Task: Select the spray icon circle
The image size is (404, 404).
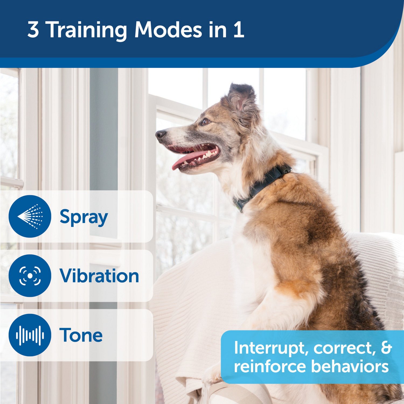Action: [x=30, y=216]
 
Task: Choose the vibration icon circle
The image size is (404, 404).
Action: [x=30, y=276]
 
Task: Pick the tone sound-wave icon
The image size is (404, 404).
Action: [x=30, y=335]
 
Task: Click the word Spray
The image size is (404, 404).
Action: [x=83, y=217]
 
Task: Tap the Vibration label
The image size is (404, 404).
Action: [x=99, y=276]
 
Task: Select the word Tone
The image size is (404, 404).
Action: [x=81, y=335]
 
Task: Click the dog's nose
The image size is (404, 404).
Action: [x=161, y=134]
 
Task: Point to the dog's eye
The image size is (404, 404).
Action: [x=205, y=122]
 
